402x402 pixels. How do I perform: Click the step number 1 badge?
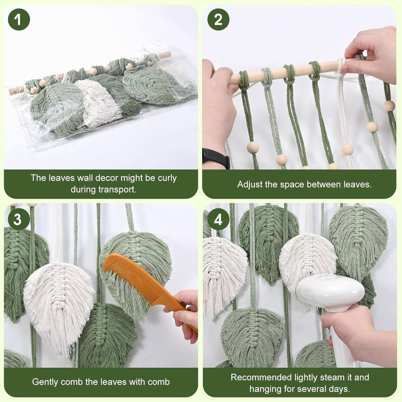(x=19, y=19)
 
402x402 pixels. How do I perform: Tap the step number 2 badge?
(x=218, y=19)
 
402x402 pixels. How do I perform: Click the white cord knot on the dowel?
(x=341, y=66)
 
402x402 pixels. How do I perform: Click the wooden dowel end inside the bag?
(x=165, y=54)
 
